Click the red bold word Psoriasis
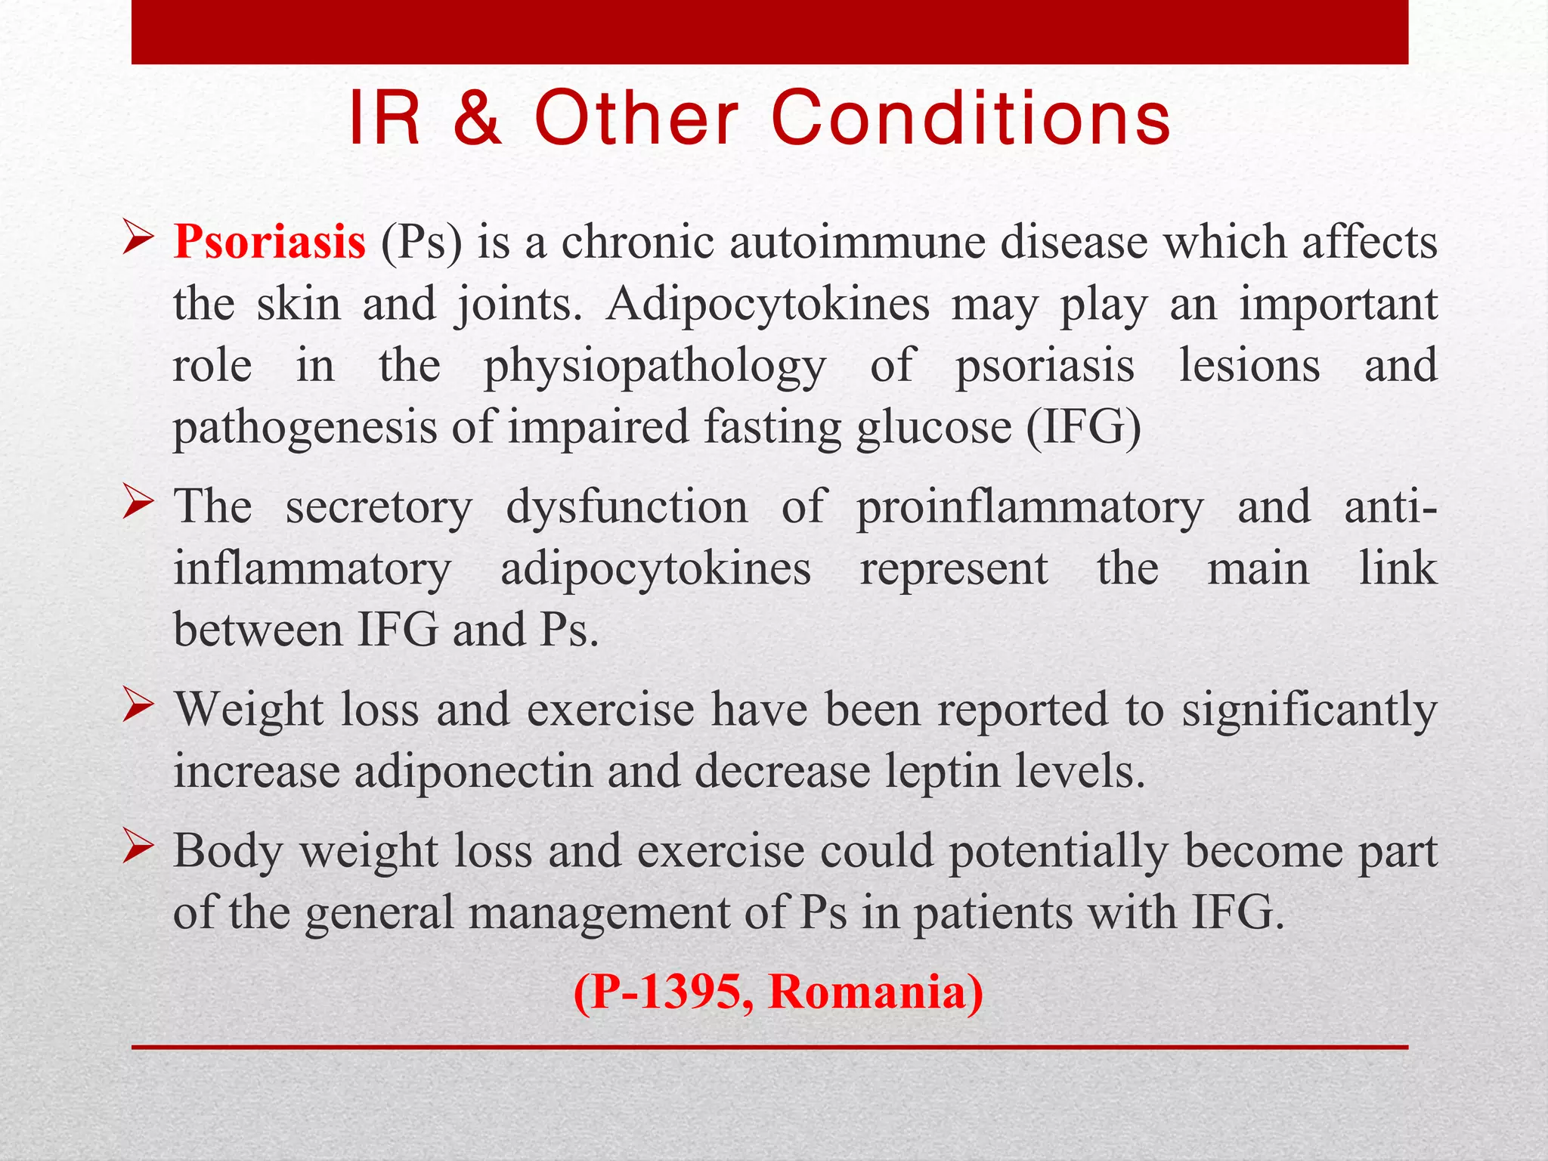pyautogui.click(x=269, y=243)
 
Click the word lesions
pyautogui.click(x=1249, y=366)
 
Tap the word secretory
pyautogui.click(x=379, y=507)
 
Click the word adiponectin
pyautogui.click(x=473, y=772)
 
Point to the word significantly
pyautogui.click(x=1309, y=711)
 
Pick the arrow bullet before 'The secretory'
pyautogui.click(x=138, y=502)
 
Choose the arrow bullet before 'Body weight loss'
pyautogui.click(x=138, y=846)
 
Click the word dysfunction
pyautogui.click(x=627, y=507)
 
